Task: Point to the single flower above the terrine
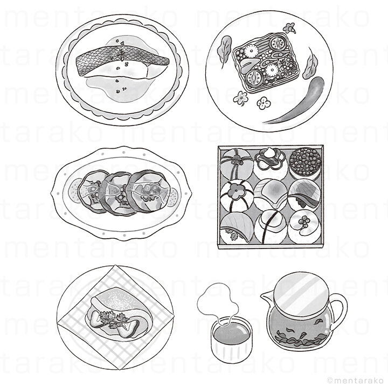tap(289, 27)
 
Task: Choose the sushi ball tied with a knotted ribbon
tap(237, 163)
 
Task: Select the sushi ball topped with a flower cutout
tap(237, 196)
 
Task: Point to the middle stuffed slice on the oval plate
tap(116, 193)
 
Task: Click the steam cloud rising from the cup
tap(218, 301)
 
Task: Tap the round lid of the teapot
tap(301, 292)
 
